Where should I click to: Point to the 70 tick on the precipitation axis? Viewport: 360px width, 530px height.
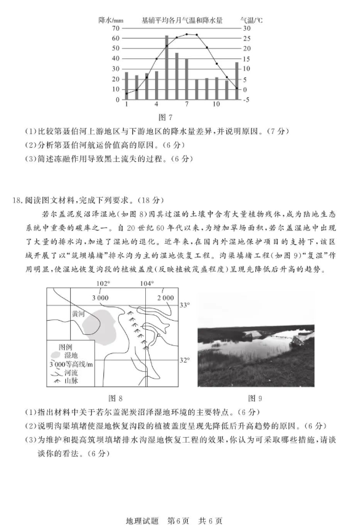tap(116, 28)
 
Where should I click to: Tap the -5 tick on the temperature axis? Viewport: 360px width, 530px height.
tap(247, 100)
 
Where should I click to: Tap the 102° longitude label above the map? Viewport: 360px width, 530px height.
tap(104, 283)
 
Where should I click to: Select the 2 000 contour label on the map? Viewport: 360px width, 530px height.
tap(164, 297)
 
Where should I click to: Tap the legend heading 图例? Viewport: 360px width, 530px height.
tap(66, 347)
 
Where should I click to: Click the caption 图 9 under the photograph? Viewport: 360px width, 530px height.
tap(255, 398)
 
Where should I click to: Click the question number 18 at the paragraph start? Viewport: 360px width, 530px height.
tap(17, 199)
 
